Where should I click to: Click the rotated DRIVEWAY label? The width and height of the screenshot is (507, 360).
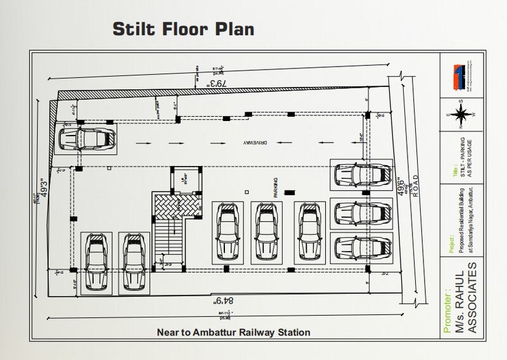coord(235,143)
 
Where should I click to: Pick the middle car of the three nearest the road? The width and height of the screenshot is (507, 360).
coord(363,212)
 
